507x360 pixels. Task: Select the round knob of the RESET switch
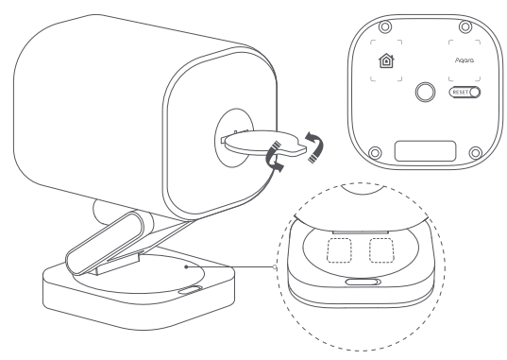[473, 93]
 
